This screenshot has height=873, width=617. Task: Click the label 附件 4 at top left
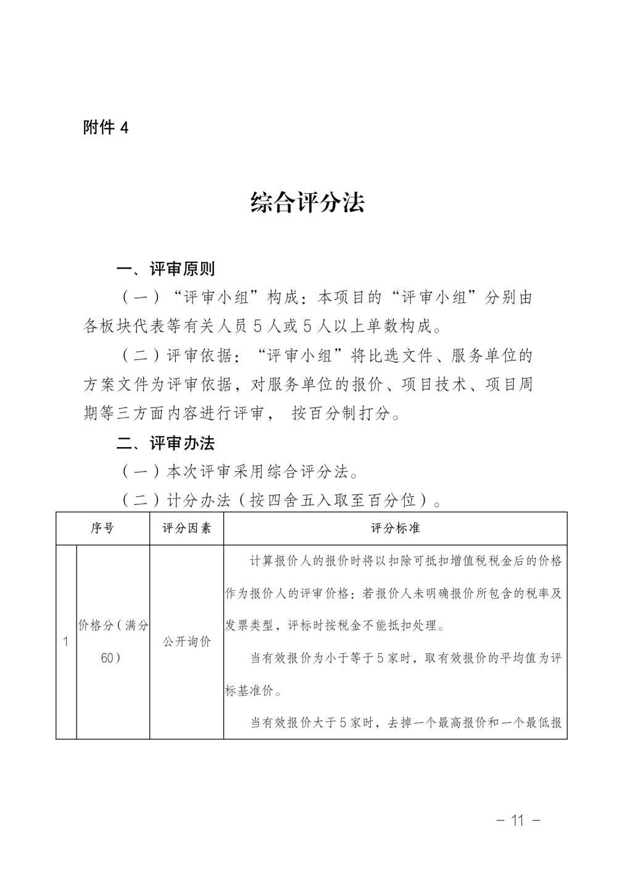[x=106, y=128]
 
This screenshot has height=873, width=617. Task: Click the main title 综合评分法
[x=307, y=203]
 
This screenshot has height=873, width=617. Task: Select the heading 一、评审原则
[x=165, y=269]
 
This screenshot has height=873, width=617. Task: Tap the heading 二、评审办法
[x=165, y=443]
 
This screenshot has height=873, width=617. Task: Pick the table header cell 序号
[x=102, y=528]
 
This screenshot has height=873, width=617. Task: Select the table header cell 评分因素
[x=186, y=528]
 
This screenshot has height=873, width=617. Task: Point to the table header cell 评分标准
[x=395, y=528]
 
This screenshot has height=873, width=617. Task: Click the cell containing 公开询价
[x=186, y=642]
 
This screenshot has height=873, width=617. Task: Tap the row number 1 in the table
[x=65, y=642]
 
